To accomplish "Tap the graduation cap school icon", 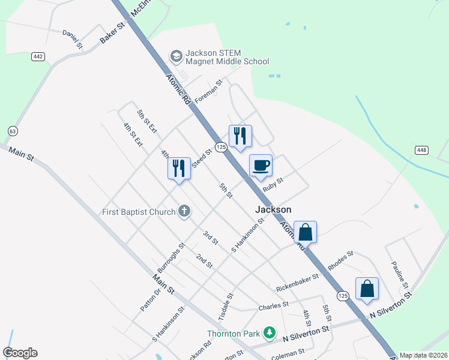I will tap(176, 56).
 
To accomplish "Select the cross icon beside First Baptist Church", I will tap(184, 211).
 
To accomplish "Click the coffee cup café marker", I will tap(261, 165).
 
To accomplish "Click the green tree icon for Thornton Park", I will tap(270, 332).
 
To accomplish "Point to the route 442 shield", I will tap(38, 56).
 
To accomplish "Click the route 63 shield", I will tap(12, 131).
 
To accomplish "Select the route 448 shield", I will tap(420, 149).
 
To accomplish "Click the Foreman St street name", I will tap(208, 90).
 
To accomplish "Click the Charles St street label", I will tap(274, 306).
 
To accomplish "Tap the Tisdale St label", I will tap(229, 306).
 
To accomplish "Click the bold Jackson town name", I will tap(273, 209).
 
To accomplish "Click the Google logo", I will tap(20, 353).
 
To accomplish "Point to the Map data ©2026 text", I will tap(423, 355).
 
